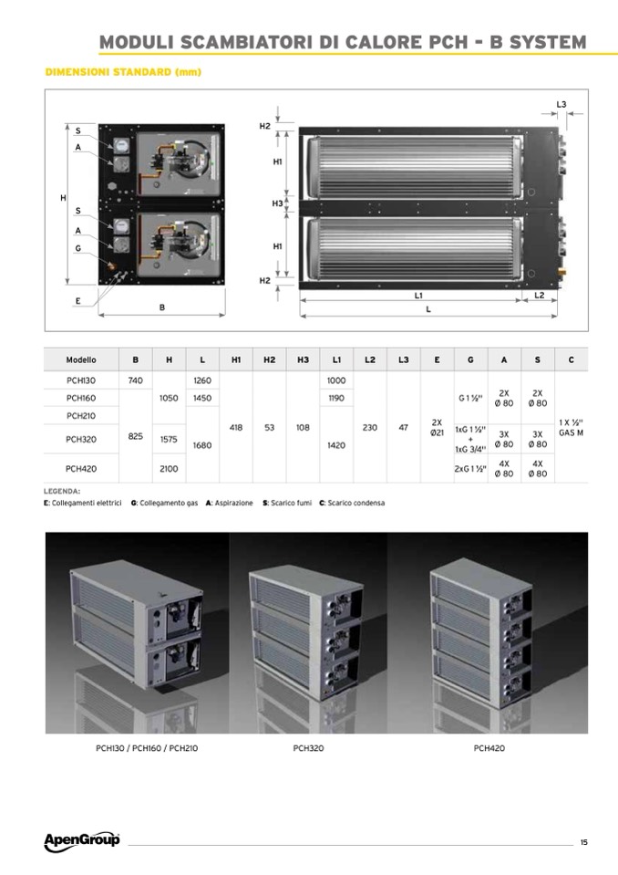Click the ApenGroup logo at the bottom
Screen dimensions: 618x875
click(82, 841)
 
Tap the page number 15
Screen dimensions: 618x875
click(583, 842)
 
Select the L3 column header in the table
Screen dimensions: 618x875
click(404, 359)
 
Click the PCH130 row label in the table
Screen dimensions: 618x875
click(81, 380)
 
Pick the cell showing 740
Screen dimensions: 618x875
click(136, 380)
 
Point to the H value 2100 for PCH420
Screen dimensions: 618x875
click(169, 469)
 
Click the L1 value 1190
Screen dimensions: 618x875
click(336, 398)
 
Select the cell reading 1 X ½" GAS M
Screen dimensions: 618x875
click(572, 427)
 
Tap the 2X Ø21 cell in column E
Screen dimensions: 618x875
click(437, 427)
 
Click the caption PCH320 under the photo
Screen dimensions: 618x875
click(308, 748)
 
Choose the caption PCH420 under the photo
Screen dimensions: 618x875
click(489, 748)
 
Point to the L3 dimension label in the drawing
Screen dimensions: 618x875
click(561, 104)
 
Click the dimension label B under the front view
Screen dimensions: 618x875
click(162, 307)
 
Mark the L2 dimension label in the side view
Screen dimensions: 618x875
click(540, 296)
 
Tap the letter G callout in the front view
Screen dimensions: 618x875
click(78, 248)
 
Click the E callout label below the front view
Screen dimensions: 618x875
click(78, 301)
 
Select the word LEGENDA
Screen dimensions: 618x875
click(62, 492)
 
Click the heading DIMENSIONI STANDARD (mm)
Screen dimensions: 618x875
click(123, 72)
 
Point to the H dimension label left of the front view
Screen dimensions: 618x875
click(63, 198)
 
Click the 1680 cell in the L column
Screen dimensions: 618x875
click(202, 445)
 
